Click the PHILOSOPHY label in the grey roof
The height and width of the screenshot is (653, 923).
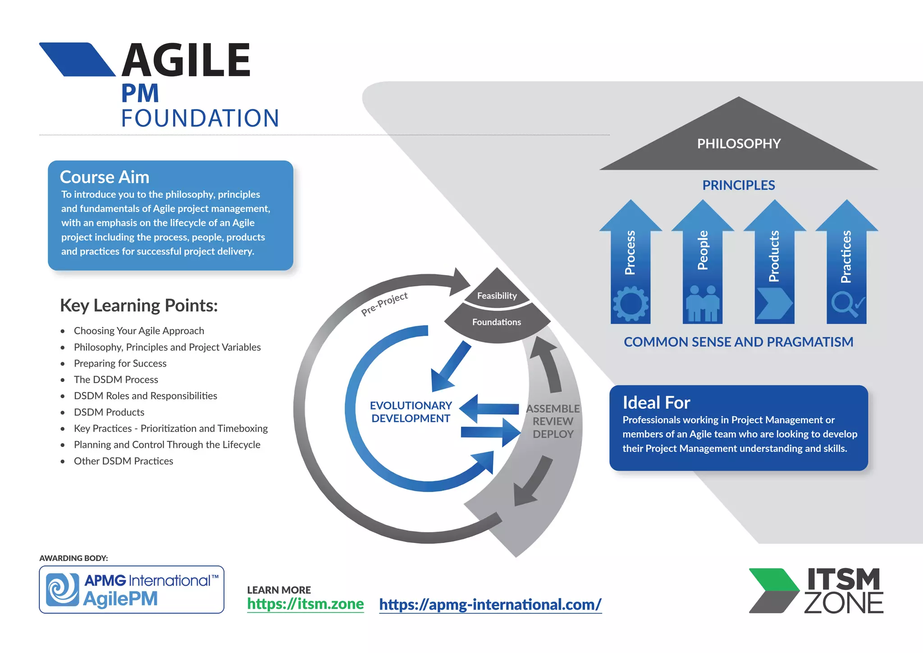pos(739,144)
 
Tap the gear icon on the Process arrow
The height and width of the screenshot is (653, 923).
pos(631,304)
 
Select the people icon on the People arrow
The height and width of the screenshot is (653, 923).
pos(703,304)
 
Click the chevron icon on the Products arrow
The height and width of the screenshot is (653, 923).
pos(774,304)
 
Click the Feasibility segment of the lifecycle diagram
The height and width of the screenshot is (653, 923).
pos(497,295)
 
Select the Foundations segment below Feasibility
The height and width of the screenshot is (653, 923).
pos(496,322)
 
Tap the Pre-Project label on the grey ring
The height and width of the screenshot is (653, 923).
pos(384,304)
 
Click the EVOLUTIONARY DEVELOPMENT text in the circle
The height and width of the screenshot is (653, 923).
pos(411,412)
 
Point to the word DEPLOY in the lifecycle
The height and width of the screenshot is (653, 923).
pos(553,434)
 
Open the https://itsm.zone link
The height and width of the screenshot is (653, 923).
pos(305,604)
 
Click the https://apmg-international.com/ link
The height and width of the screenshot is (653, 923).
pos(490,604)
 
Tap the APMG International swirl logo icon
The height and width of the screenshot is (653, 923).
pos(63,589)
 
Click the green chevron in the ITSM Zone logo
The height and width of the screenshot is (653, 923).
pos(774,580)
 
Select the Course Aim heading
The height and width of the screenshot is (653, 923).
pos(105,177)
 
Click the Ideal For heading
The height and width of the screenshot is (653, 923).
pos(656,403)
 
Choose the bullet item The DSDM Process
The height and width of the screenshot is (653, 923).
pos(116,380)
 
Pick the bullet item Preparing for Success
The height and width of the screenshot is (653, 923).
pos(120,363)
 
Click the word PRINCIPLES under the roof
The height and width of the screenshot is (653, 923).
pos(739,185)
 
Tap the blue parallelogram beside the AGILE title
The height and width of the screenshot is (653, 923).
pos(78,60)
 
